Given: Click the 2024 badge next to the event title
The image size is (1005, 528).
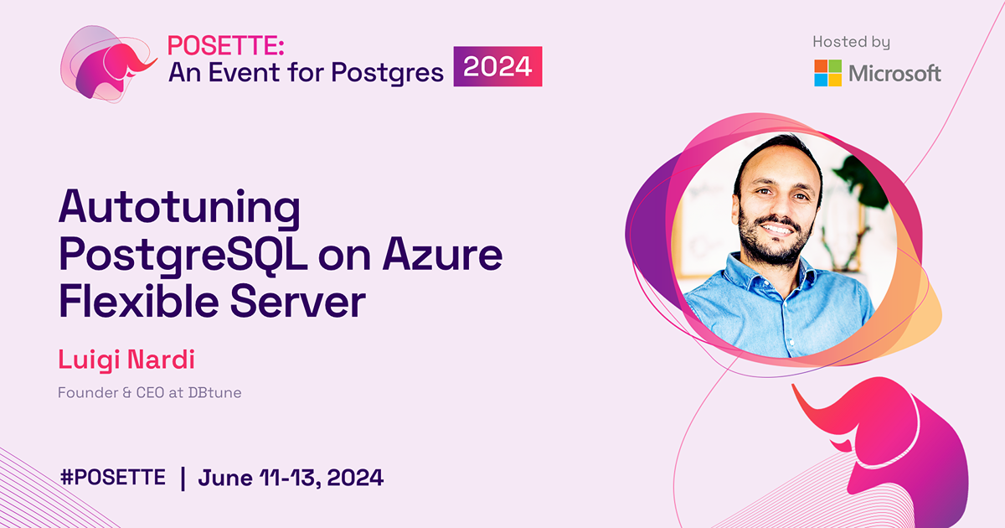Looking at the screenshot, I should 498,67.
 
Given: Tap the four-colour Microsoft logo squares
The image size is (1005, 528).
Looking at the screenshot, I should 827,73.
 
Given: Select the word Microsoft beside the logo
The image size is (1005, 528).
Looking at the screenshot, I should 894,74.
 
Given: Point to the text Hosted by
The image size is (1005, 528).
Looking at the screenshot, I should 851,42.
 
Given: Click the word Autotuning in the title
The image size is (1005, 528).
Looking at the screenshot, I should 178,210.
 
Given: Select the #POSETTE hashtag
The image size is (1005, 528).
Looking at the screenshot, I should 113,478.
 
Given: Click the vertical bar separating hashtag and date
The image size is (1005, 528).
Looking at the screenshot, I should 183,478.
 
